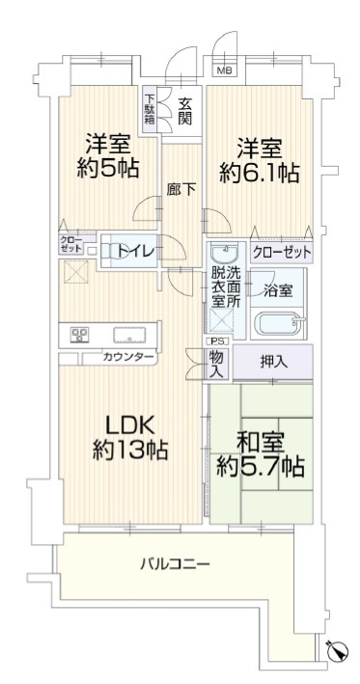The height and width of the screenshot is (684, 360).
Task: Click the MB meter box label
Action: click(x=225, y=70)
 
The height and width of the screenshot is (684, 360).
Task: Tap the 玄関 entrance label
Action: click(x=185, y=112)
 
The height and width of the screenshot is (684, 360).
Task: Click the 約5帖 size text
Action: click(x=108, y=168)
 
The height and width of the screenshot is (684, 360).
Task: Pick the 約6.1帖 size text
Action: click(x=260, y=174)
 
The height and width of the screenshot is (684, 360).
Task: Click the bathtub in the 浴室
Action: click(x=278, y=324)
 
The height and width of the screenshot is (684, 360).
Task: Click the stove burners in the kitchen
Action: click(x=79, y=335)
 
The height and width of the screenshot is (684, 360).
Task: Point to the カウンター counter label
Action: click(x=128, y=358)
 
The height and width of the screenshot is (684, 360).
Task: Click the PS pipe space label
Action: click(x=216, y=342)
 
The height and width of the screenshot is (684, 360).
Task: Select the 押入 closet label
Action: click(x=273, y=362)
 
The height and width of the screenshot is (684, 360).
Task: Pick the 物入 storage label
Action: click(x=216, y=365)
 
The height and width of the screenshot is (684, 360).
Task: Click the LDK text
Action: click(x=131, y=424)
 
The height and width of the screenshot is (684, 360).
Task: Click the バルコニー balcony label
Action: click(x=175, y=564)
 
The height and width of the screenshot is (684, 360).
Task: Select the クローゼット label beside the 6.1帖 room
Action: click(x=282, y=252)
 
